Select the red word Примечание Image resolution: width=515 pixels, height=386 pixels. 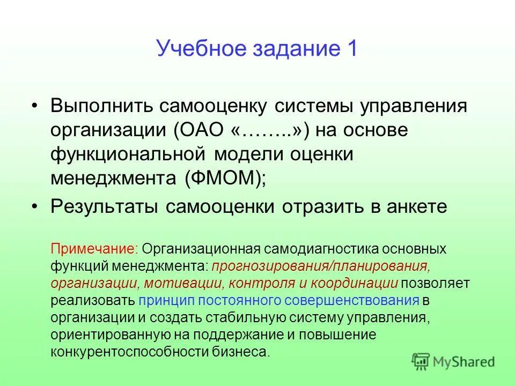94,249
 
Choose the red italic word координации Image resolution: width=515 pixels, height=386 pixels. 355,283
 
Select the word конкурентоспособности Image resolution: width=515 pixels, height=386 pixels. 137,352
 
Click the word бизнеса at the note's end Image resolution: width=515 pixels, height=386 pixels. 248,352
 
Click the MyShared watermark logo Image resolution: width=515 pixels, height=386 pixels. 453,361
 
